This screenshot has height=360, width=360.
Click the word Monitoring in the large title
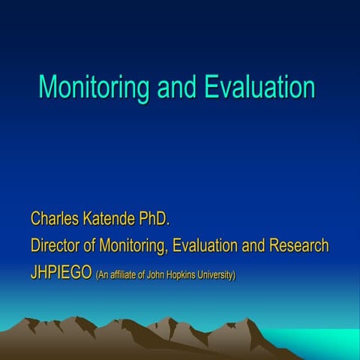(x=94, y=87)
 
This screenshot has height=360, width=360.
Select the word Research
(x=300, y=246)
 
